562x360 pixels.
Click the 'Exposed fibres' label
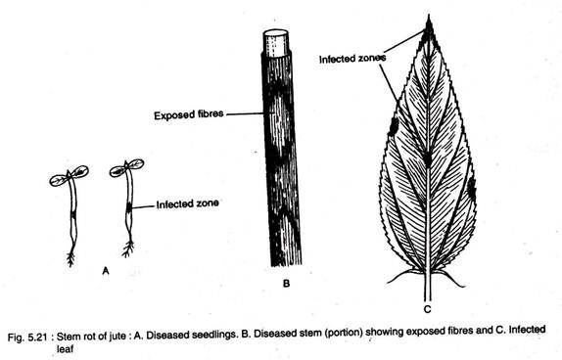tap(189, 115)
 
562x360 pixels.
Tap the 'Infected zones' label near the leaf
tap(352, 59)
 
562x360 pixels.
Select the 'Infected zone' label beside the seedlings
tap(187, 203)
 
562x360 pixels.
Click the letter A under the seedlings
tap(106, 270)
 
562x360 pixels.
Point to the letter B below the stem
tap(286, 284)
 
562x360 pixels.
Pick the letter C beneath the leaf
tap(427, 309)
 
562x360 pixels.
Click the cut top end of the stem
tap(276, 43)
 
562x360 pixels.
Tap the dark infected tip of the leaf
tap(429, 30)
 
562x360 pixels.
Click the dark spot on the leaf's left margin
tap(394, 126)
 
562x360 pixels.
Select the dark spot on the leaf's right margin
tap(472, 188)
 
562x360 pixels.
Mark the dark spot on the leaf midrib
tap(427, 158)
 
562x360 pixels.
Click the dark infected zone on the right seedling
tap(129, 207)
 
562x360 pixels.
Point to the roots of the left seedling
tap(70, 258)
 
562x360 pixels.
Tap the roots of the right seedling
tap(128, 248)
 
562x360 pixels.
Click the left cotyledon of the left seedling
tap(58, 180)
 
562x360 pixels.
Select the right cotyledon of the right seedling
tap(136, 164)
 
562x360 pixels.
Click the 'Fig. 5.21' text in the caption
tap(27, 337)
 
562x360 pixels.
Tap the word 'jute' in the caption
tap(117, 336)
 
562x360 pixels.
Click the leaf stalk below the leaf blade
tap(427, 287)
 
